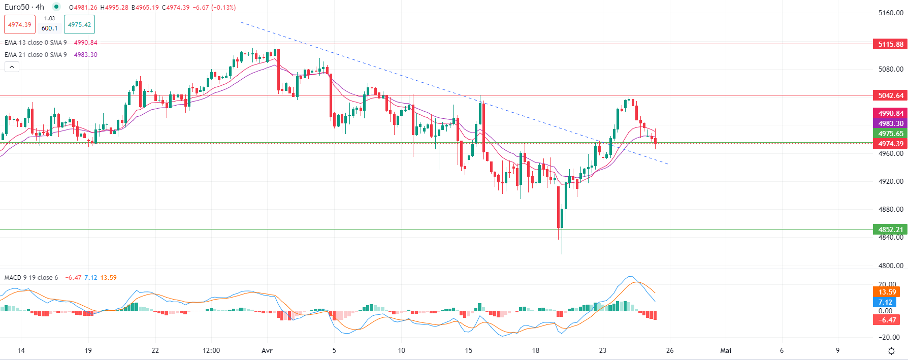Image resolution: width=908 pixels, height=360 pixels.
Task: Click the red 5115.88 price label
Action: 890,44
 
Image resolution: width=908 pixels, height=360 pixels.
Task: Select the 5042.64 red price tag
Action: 890,95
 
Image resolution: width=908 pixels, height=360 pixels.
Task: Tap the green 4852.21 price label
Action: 890,230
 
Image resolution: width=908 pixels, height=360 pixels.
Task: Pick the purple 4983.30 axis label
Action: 890,123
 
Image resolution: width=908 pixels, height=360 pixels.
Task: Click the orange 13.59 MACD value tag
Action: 887,292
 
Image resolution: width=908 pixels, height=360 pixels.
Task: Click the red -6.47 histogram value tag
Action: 887,320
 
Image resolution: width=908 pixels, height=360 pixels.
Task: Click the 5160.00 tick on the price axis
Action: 891,13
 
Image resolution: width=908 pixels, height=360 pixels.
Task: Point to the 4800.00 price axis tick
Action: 891,266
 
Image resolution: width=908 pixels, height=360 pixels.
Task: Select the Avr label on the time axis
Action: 267,350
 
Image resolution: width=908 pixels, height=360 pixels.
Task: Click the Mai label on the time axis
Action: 726,350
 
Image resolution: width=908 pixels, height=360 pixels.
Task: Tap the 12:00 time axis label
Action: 211,350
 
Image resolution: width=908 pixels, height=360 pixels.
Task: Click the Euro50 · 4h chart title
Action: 24,7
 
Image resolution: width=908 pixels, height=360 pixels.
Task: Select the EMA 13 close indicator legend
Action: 36,43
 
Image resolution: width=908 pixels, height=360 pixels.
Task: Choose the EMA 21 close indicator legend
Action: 36,55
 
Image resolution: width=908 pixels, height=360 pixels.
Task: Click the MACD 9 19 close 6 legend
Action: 31,278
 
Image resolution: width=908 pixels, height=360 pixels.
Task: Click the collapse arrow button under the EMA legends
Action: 12,67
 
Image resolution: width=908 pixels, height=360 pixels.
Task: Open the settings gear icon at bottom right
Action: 891,351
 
